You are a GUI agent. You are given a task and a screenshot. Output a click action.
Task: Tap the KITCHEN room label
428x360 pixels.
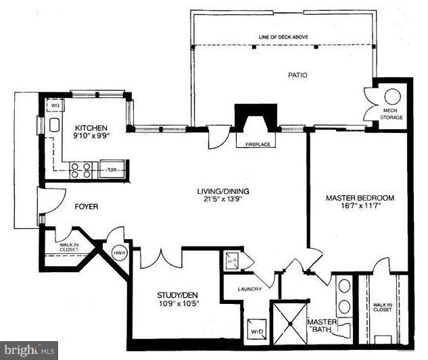tap(90, 128)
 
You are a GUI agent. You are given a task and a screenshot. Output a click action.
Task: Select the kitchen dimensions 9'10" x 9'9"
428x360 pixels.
tap(91, 136)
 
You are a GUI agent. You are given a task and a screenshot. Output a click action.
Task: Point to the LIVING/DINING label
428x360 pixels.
tap(218, 190)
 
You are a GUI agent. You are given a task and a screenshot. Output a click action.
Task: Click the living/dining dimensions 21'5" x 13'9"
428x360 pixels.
tap(218, 199)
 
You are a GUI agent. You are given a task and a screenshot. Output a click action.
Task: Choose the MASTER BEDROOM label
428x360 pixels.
tap(360, 198)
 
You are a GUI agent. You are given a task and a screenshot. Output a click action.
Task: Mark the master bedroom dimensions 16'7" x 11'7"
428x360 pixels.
tap(360, 207)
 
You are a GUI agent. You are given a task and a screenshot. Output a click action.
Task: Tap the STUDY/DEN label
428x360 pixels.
tap(178, 294)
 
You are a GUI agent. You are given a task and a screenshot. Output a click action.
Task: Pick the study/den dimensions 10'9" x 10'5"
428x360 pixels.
tap(178, 303)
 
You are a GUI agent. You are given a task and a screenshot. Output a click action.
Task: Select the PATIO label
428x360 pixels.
tap(297, 75)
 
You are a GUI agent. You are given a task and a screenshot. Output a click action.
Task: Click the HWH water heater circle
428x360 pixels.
tap(119, 253)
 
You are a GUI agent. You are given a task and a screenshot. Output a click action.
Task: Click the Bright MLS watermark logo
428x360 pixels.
tap(29, 351)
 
